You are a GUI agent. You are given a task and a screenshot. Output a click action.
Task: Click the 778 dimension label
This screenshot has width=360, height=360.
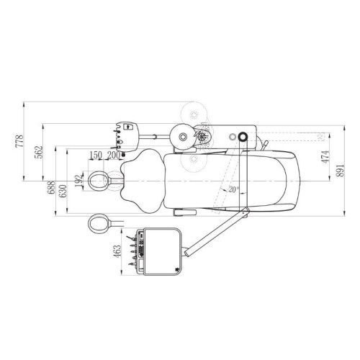click(x=19, y=141)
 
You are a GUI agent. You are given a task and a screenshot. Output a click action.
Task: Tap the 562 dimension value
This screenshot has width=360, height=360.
click(x=38, y=152)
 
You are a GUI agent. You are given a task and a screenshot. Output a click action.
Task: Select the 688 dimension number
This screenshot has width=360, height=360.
click(x=51, y=187)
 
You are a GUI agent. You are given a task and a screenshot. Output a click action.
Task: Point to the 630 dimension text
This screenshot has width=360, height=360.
click(x=63, y=191)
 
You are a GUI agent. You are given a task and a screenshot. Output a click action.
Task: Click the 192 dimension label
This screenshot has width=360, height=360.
click(x=78, y=181)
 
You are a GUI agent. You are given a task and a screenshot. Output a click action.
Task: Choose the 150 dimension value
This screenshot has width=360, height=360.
click(x=96, y=156)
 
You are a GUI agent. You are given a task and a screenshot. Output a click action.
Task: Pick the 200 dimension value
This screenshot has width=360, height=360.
click(x=113, y=156)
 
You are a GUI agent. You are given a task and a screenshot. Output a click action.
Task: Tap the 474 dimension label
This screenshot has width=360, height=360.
click(x=325, y=157)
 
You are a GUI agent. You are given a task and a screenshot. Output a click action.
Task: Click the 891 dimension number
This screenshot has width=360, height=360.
click(x=340, y=171)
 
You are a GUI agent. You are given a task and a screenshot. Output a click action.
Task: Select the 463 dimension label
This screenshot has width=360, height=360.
click(x=117, y=251)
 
